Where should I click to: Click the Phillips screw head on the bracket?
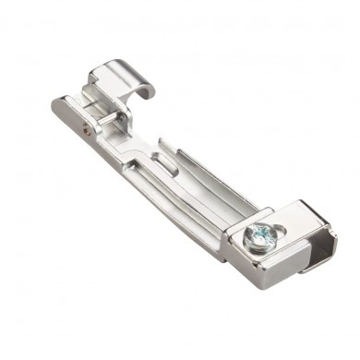click(259, 238)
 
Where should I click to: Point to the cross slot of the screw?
click(259, 237)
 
